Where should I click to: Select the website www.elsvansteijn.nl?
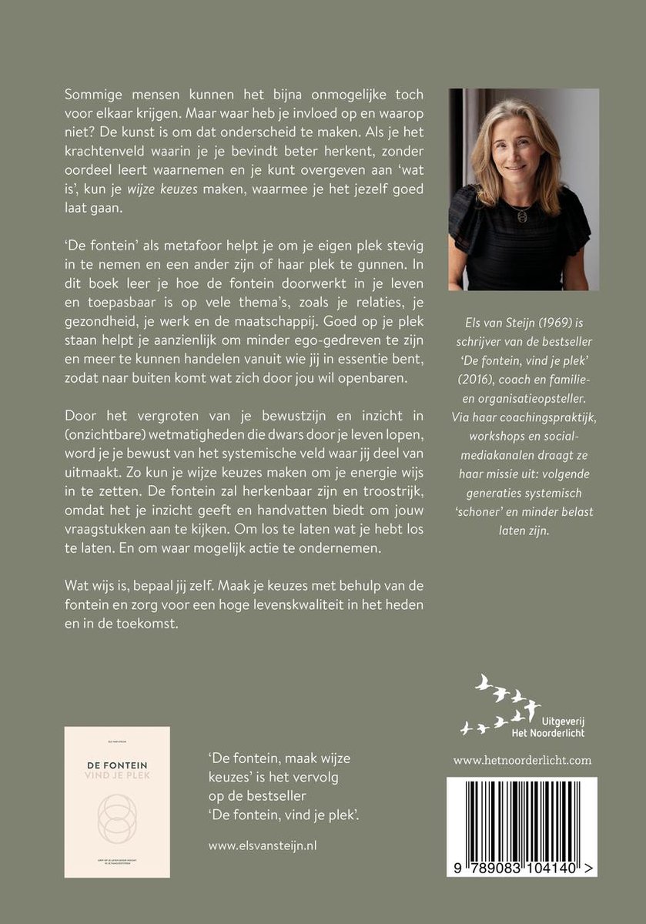click(263, 823)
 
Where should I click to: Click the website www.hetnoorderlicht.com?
click(522, 760)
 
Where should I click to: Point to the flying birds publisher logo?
click(501, 703)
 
